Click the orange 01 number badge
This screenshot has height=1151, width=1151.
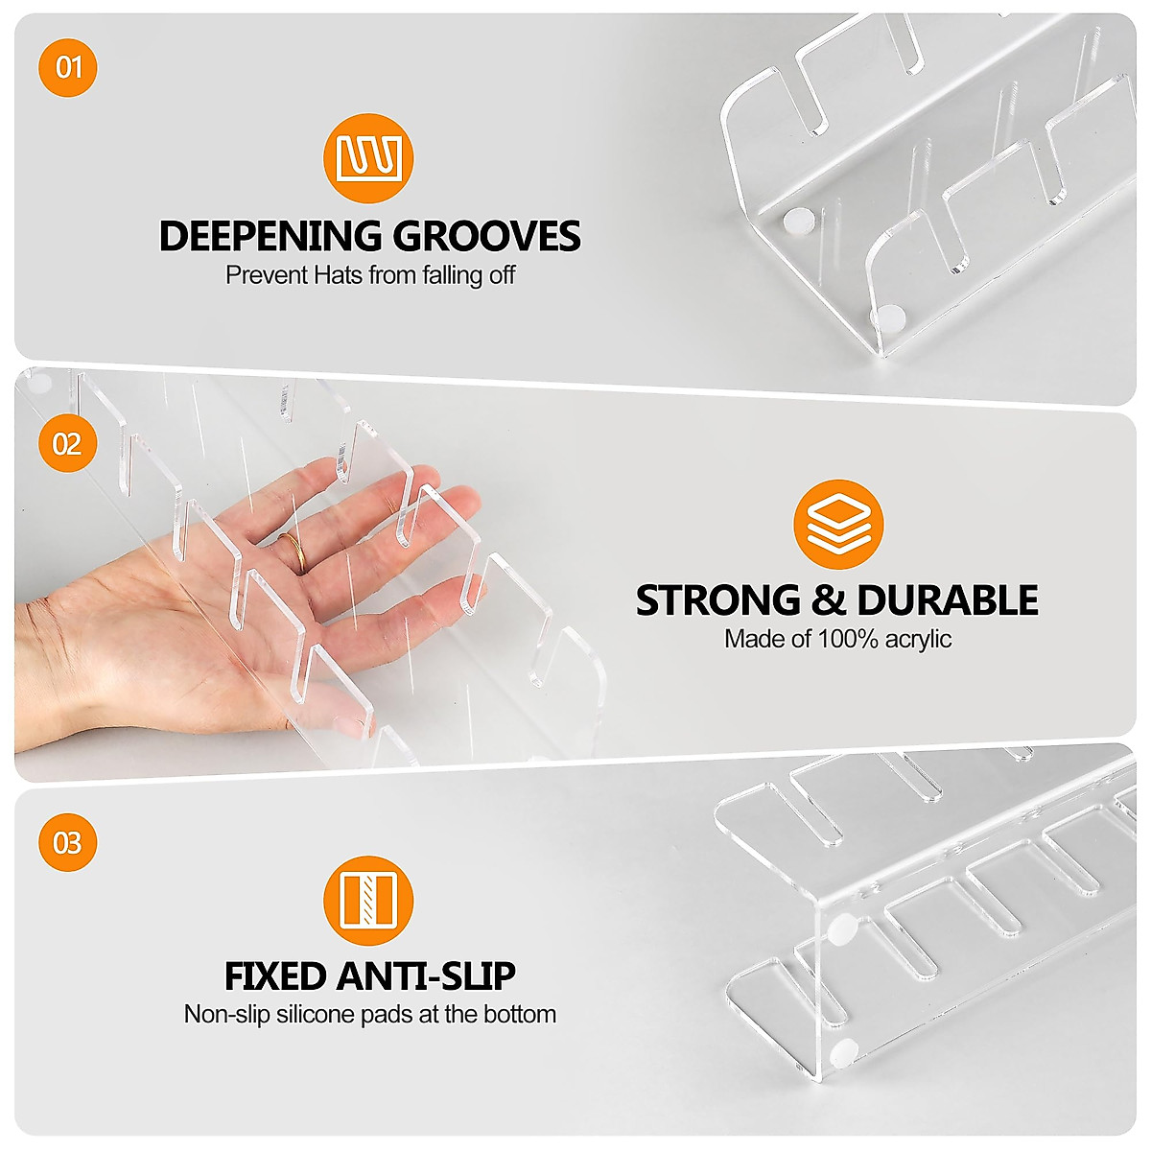[x=68, y=67]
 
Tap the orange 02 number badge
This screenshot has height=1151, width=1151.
[x=68, y=444]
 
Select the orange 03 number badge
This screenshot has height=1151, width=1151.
[x=68, y=843]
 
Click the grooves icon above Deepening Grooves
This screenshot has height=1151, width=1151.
[x=368, y=158]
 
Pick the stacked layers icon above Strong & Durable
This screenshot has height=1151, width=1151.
[x=837, y=525]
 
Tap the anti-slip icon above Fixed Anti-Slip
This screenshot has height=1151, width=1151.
[x=368, y=901]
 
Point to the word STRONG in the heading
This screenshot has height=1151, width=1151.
[x=717, y=600]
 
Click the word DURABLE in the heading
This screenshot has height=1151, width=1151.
[x=948, y=600]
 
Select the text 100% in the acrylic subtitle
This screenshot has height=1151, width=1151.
[x=848, y=639]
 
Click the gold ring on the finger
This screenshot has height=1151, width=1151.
[x=294, y=552]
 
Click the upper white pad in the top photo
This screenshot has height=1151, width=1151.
[x=796, y=222]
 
